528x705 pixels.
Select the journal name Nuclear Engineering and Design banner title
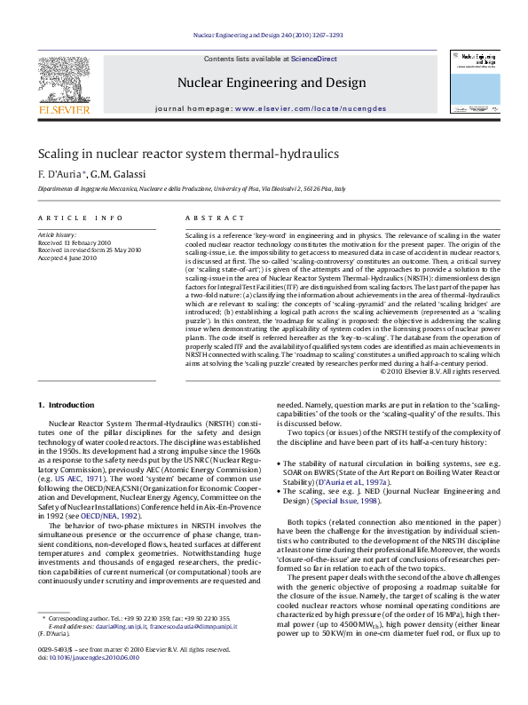tap(272, 83)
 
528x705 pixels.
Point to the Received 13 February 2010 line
tap(74, 242)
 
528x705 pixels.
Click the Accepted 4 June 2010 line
tap(67, 257)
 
